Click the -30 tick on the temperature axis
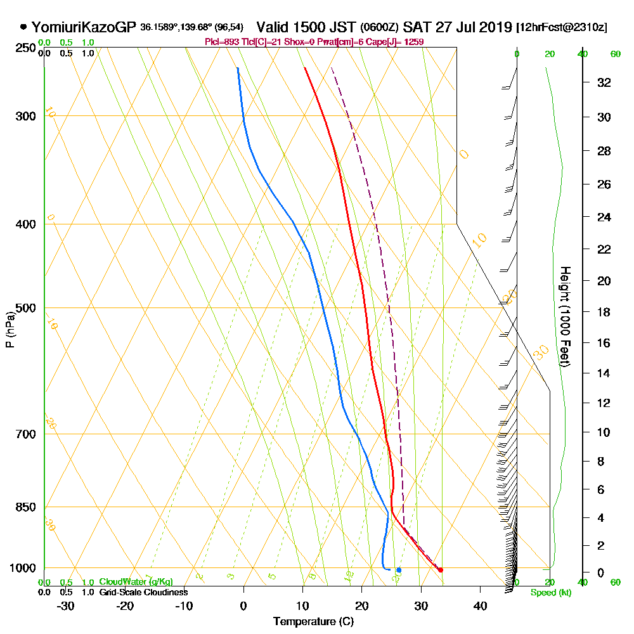(66, 605)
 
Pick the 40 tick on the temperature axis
(480, 605)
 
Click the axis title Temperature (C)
(313, 622)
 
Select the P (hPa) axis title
(10, 329)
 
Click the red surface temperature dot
(441, 570)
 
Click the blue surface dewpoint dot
(398, 570)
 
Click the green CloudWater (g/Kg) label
(136, 582)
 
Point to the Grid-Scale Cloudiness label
(143, 592)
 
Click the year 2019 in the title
(496, 27)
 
